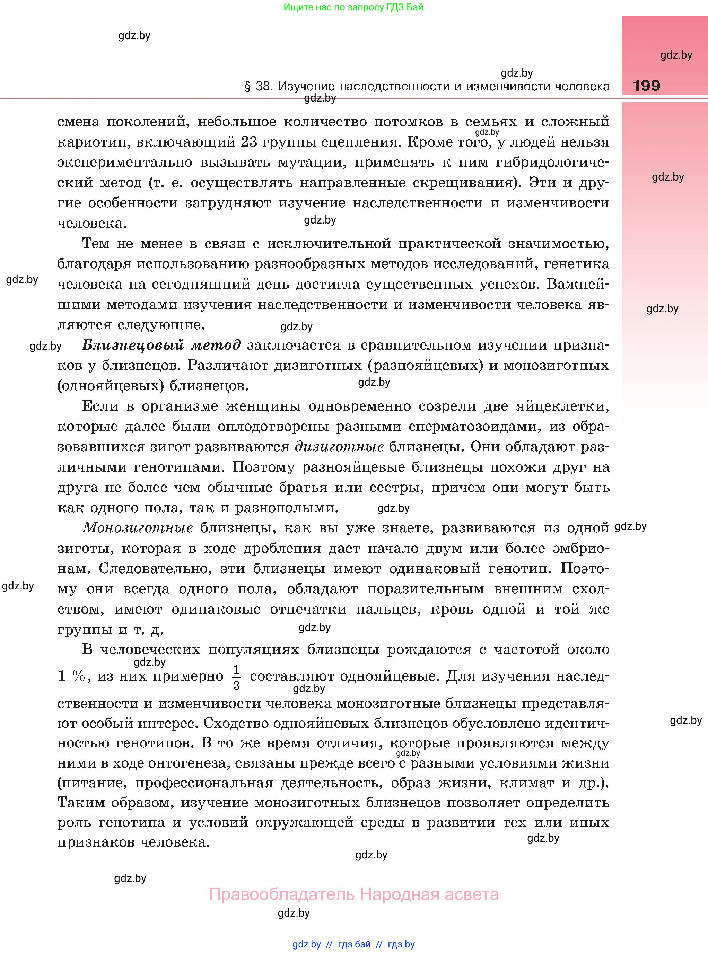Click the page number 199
646,86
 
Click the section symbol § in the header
247,87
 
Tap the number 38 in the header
263,87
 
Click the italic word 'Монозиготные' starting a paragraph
138,528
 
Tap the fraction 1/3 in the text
236,677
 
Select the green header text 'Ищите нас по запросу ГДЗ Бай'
353,7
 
